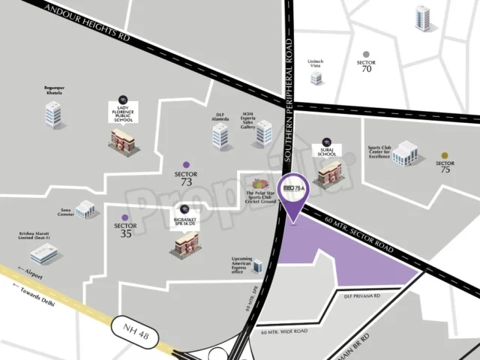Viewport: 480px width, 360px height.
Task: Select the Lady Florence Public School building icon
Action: (121, 138)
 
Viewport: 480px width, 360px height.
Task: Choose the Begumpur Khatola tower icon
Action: (53, 114)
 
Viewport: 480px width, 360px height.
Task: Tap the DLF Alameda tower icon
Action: (220, 136)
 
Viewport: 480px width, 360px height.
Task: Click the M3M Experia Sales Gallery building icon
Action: (264, 133)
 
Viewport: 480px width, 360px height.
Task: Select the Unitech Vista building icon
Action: (316, 77)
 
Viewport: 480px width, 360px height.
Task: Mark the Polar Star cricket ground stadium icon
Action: (260, 184)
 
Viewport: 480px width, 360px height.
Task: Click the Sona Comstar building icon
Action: (85, 208)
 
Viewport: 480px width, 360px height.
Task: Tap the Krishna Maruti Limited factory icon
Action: (44, 253)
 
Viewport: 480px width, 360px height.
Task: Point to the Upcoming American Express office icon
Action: (258, 265)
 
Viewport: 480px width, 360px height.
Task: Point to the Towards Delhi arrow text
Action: (31, 293)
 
